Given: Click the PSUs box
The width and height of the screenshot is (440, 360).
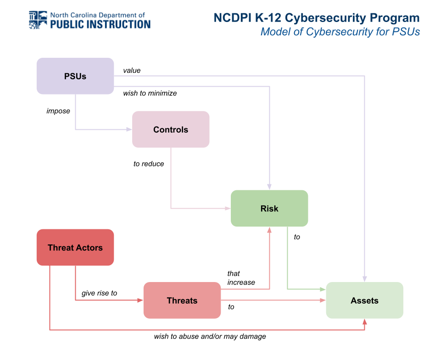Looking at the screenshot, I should point(75,76).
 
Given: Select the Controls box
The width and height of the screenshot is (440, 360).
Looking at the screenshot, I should point(171,129).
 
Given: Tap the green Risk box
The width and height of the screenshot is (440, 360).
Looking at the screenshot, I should point(269,208).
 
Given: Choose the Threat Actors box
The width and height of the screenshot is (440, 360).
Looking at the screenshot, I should point(75,248).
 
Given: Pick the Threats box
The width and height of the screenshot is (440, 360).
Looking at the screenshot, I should point(182,300).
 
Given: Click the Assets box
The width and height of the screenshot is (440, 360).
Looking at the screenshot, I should point(365,300).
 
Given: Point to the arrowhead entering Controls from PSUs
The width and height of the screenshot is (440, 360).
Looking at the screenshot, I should point(129,129).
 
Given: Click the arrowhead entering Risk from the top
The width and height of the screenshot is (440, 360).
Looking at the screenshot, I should point(269,187).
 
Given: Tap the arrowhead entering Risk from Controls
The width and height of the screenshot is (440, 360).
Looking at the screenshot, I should point(228,208).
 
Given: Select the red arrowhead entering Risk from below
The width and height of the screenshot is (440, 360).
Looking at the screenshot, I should point(269,230).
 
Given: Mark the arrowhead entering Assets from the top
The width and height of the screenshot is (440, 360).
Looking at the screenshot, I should point(365,279).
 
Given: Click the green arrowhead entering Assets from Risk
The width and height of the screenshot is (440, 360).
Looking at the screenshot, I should point(323,289).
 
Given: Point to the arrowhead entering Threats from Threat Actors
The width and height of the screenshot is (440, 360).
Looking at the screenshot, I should point(140,300).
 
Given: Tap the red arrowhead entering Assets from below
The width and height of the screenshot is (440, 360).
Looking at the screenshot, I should point(365,322).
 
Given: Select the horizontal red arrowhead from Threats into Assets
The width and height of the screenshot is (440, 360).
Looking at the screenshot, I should point(323,300).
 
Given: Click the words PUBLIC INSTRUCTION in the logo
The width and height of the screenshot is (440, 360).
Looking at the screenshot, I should point(100,24).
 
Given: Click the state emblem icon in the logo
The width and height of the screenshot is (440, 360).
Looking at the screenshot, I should point(38,20).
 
